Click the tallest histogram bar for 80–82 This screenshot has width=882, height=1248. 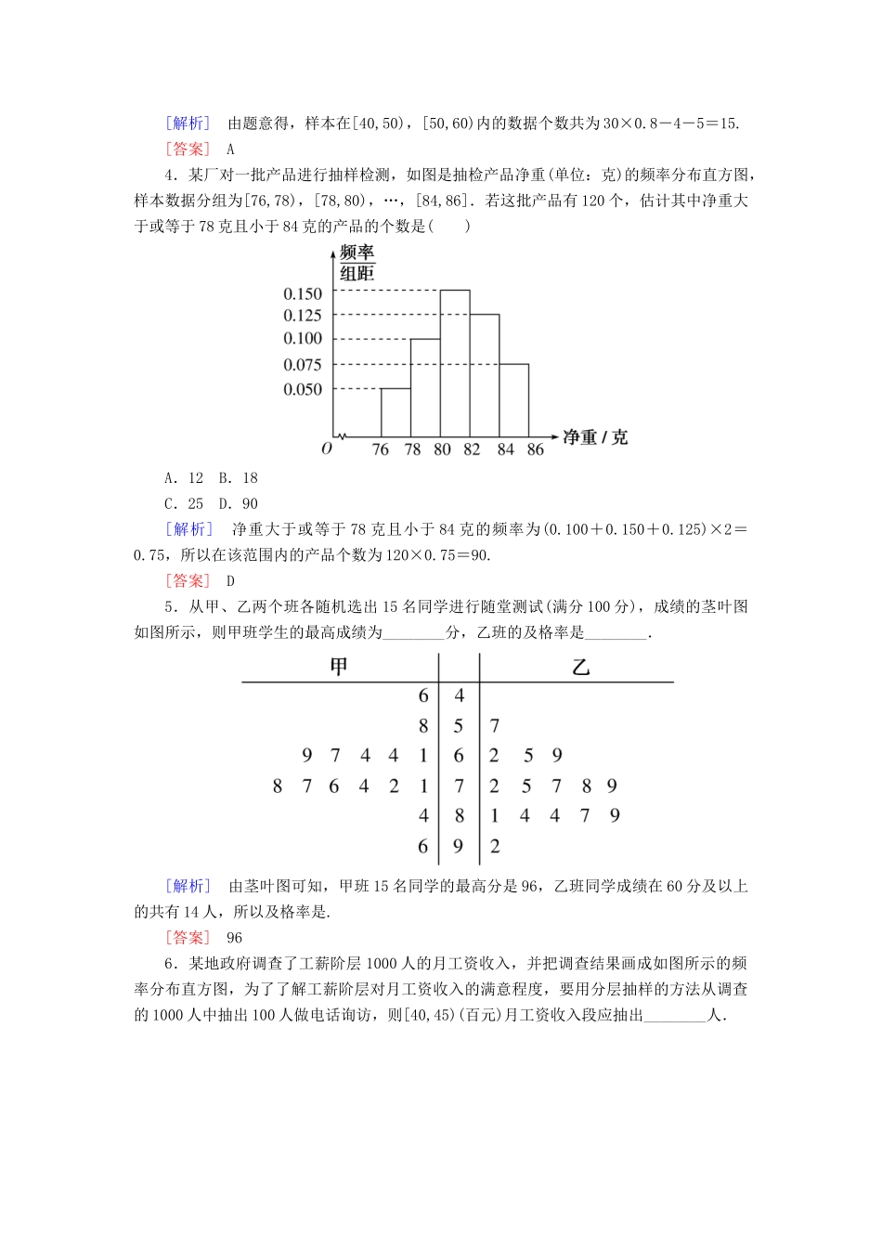(455, 363)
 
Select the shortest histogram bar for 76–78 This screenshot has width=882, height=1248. (396, 412)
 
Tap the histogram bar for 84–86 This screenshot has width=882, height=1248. (514, 400)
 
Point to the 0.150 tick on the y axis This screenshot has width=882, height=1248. (303, 293)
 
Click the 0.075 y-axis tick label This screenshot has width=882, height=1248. (303, 365)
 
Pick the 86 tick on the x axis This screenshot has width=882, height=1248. (536, 449)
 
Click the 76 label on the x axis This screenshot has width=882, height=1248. (381, 449)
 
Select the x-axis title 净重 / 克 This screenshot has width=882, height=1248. (595, 437)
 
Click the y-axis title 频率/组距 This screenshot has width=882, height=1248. (357, 263)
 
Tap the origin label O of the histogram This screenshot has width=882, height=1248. (327, 448)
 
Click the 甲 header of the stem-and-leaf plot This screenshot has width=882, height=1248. (339, 667)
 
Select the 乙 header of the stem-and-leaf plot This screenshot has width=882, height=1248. (581, 667)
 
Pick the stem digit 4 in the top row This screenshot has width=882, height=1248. (460, 695)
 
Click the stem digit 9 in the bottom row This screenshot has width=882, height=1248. (459, 846)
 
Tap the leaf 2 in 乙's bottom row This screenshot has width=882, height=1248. (495, 846)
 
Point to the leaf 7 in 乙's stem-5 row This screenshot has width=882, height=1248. (495, 726)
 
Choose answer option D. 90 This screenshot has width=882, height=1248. (239, 504)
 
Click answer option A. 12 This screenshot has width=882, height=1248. (184, 478)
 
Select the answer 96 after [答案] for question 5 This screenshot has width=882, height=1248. (234, 938)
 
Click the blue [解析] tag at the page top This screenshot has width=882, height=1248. (188, 123)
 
